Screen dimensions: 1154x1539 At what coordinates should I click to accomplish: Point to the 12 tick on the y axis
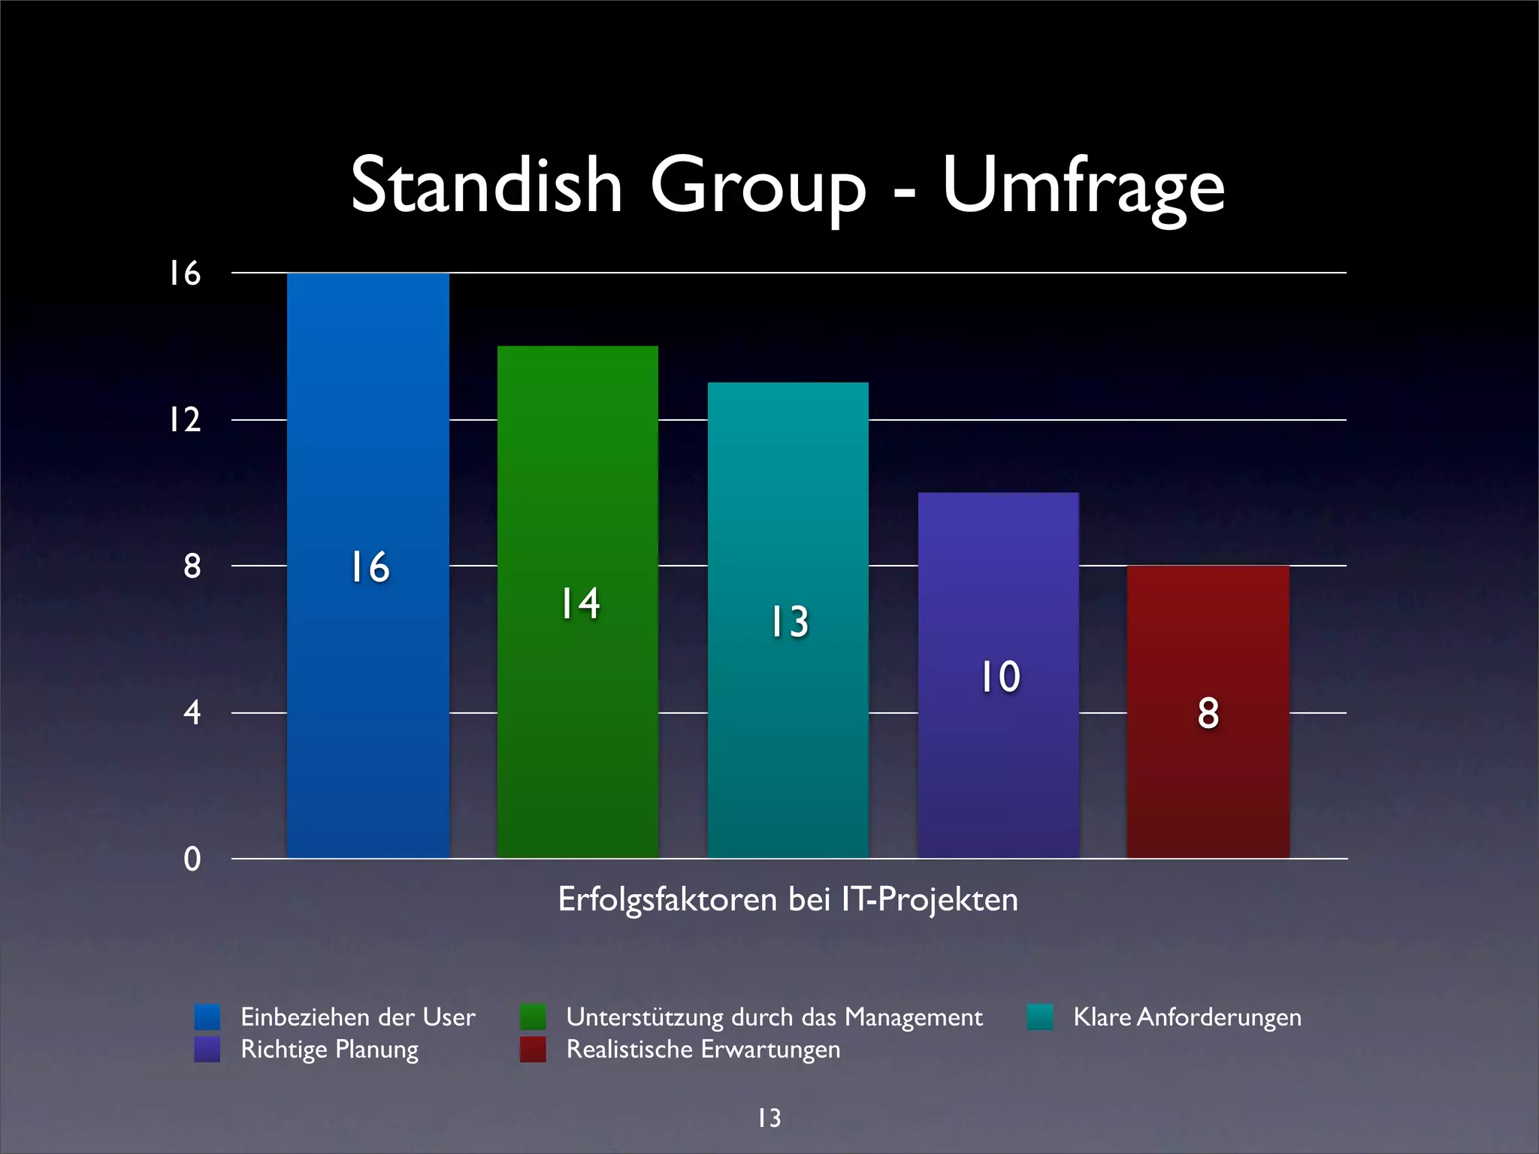coord(185,420)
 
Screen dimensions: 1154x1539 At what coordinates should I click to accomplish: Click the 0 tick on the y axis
coord(192,859)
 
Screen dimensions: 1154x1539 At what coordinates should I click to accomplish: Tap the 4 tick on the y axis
coord(192,712)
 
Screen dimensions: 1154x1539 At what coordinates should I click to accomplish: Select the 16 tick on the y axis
coord(185,273)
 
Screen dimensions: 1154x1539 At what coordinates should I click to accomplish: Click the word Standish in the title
coord(487,186)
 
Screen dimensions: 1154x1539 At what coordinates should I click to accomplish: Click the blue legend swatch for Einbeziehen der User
coord(207,1017)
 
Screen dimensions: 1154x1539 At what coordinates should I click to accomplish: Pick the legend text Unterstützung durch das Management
coord(774,1017)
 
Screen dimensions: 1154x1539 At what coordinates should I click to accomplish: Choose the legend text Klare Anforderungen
coord(1187,1017)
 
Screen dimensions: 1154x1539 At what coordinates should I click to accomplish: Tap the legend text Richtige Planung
coord(329,1050)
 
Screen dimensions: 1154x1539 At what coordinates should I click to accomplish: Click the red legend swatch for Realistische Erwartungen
coord(533,1050)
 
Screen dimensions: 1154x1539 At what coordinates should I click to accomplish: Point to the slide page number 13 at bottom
coord(769,1118)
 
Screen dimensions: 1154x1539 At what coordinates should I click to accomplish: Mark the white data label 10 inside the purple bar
coord(999,677)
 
